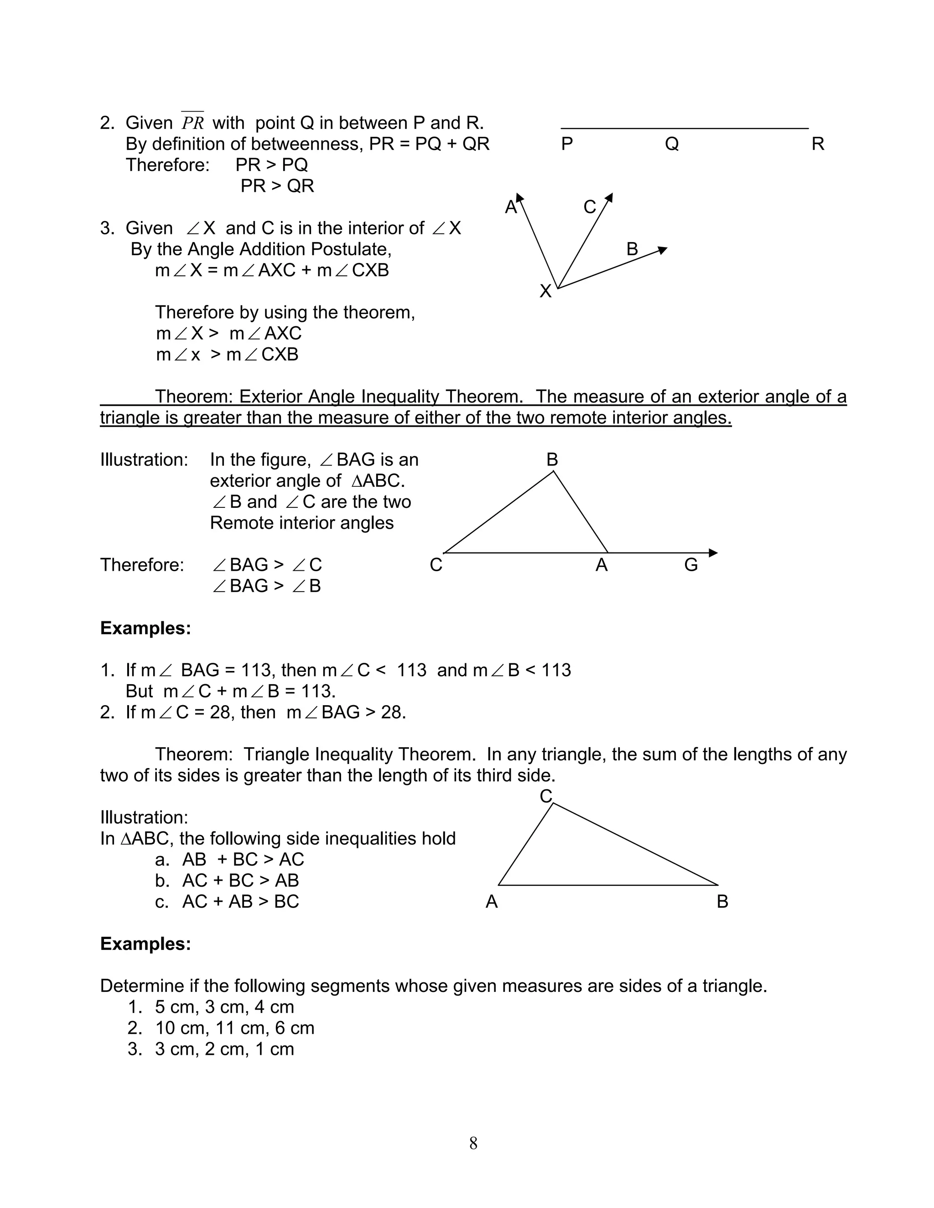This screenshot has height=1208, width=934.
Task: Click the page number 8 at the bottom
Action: coord(473,1143)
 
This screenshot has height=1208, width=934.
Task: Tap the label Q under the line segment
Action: coord(671,145)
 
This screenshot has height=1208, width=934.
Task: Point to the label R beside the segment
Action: coord(817,145)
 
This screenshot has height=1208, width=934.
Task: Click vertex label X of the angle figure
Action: coord(545,291)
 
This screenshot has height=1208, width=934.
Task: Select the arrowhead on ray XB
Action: coord(663,250)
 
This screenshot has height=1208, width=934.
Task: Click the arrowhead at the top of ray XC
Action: coord(609,197)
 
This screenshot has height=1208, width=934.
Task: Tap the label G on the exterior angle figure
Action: coord(690,565)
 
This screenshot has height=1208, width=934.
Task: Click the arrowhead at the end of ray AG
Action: coord(713,552)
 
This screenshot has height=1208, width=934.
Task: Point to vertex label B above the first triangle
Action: coord(552,459)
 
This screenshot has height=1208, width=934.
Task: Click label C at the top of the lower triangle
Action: coord(545,796)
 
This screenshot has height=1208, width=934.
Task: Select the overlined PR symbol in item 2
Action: coord(192,122)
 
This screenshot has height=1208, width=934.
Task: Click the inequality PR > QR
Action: coord(277,186)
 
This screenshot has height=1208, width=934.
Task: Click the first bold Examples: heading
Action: coord(145,628)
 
